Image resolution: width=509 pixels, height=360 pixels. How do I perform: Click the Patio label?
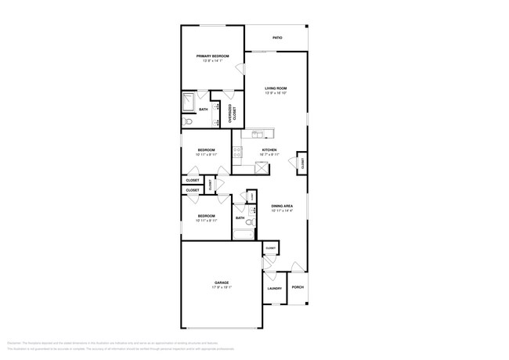click(277, 38)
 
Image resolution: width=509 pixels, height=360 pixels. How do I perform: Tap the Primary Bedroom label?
click(213, 56)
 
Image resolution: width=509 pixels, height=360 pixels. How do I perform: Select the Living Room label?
click(276, 89)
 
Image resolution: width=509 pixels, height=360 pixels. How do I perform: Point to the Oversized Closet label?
click(231, 113)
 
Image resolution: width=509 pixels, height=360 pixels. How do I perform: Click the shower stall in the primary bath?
click(189, 103)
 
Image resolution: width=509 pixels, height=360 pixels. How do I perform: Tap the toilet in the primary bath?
click(186, 122)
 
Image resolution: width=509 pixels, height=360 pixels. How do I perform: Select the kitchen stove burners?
click(236, 153)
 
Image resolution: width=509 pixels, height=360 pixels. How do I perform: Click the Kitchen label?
click(269, 149)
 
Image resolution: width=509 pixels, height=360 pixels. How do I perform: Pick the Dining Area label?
click(281, 206)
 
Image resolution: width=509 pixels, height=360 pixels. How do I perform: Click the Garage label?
click(222, 283)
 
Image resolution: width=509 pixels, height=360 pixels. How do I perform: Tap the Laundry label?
click(274, 288)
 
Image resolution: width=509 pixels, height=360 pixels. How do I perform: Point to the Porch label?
click(298, 287)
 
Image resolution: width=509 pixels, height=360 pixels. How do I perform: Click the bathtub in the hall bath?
click(243, 232)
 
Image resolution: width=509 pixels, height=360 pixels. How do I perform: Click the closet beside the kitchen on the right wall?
click(301, 162)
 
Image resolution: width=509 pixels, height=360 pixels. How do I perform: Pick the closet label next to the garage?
click(270, 248)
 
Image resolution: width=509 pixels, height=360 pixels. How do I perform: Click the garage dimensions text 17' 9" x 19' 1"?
click(222, 287)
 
